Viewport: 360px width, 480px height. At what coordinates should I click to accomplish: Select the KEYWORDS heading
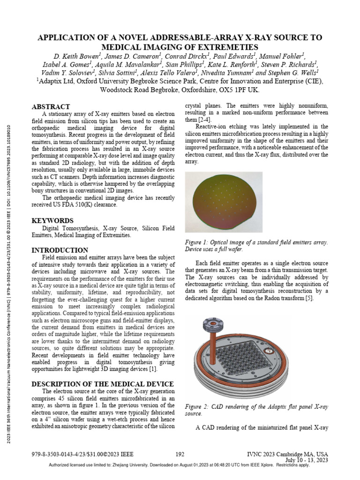52,220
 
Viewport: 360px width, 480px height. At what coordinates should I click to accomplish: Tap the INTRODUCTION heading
60,250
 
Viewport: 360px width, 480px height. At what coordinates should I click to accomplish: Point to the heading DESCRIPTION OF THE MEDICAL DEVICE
103,384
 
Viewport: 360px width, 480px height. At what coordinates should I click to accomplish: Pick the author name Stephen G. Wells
293,73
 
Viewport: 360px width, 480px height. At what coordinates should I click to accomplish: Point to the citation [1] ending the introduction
153,371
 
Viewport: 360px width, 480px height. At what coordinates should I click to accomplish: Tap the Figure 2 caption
256,410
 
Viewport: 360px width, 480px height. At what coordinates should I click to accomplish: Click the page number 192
180,454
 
